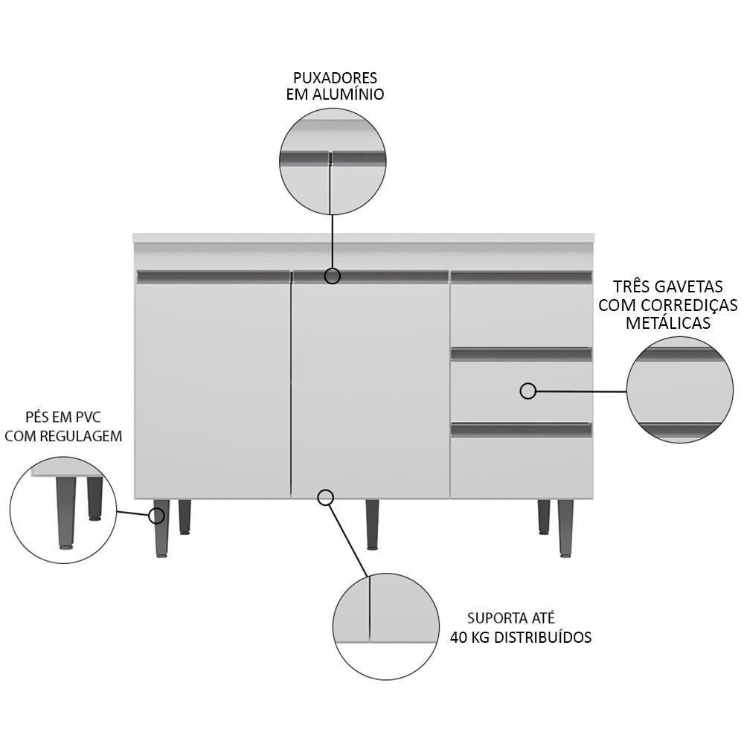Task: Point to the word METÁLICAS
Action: [667, 324]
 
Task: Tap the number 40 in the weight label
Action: [458, 638]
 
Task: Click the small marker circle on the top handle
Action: [333, 276]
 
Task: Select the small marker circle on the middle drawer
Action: [528, 391]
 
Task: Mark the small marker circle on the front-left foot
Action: [157, 516]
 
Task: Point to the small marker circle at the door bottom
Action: [325, 498]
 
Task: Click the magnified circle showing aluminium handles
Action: [333, 161]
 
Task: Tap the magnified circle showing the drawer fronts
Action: [680, 390]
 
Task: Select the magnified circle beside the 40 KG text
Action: [386, 626]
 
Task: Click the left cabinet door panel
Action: [212, 387]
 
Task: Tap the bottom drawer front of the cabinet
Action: [521, 467]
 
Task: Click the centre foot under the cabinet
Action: [372, 524]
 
